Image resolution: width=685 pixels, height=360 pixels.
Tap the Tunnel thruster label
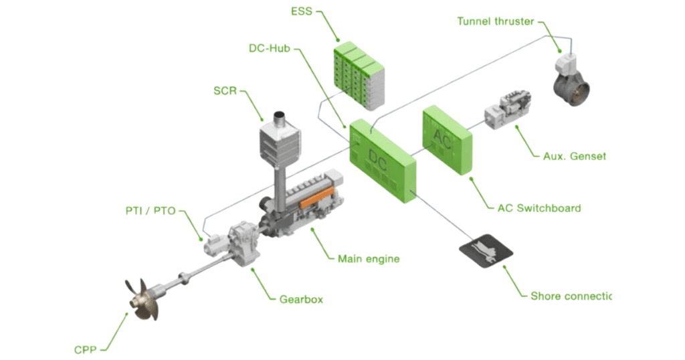(x=496, y=21)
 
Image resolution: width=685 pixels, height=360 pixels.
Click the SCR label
(x=225, y=90)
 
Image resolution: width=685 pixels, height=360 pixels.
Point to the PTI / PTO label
(x=151, y=211)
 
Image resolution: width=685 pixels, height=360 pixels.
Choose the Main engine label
(x=368, y=258)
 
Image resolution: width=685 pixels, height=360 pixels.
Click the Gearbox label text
(x=300, y=299)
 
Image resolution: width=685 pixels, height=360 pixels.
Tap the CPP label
(x=86, y=349)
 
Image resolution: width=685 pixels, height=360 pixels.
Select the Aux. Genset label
(x=574, y=156)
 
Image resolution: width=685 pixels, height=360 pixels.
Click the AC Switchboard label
(x=539, y=207)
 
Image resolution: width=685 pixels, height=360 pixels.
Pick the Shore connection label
(x=570, y=296)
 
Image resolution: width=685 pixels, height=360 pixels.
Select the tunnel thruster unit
(x=570, y=78)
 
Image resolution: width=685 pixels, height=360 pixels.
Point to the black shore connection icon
(x=486, y=251)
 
